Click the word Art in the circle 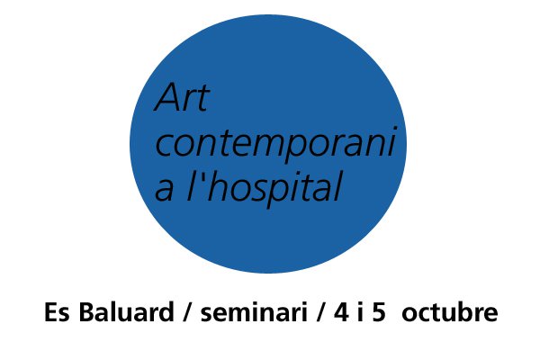pos(182,97)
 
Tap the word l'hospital pos(264,188)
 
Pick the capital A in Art pos(169,97)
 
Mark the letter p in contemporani pos(294,148)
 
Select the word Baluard pos(126,311)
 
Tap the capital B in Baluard pos(87,312)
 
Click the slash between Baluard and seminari pos(187,312)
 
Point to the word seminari pos(254,312)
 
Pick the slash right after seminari pos(320,312)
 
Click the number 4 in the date pos(341,312)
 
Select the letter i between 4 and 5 pos(360,311)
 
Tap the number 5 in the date pos(379,312)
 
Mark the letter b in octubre pos(466,311)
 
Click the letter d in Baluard pos(166,311)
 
